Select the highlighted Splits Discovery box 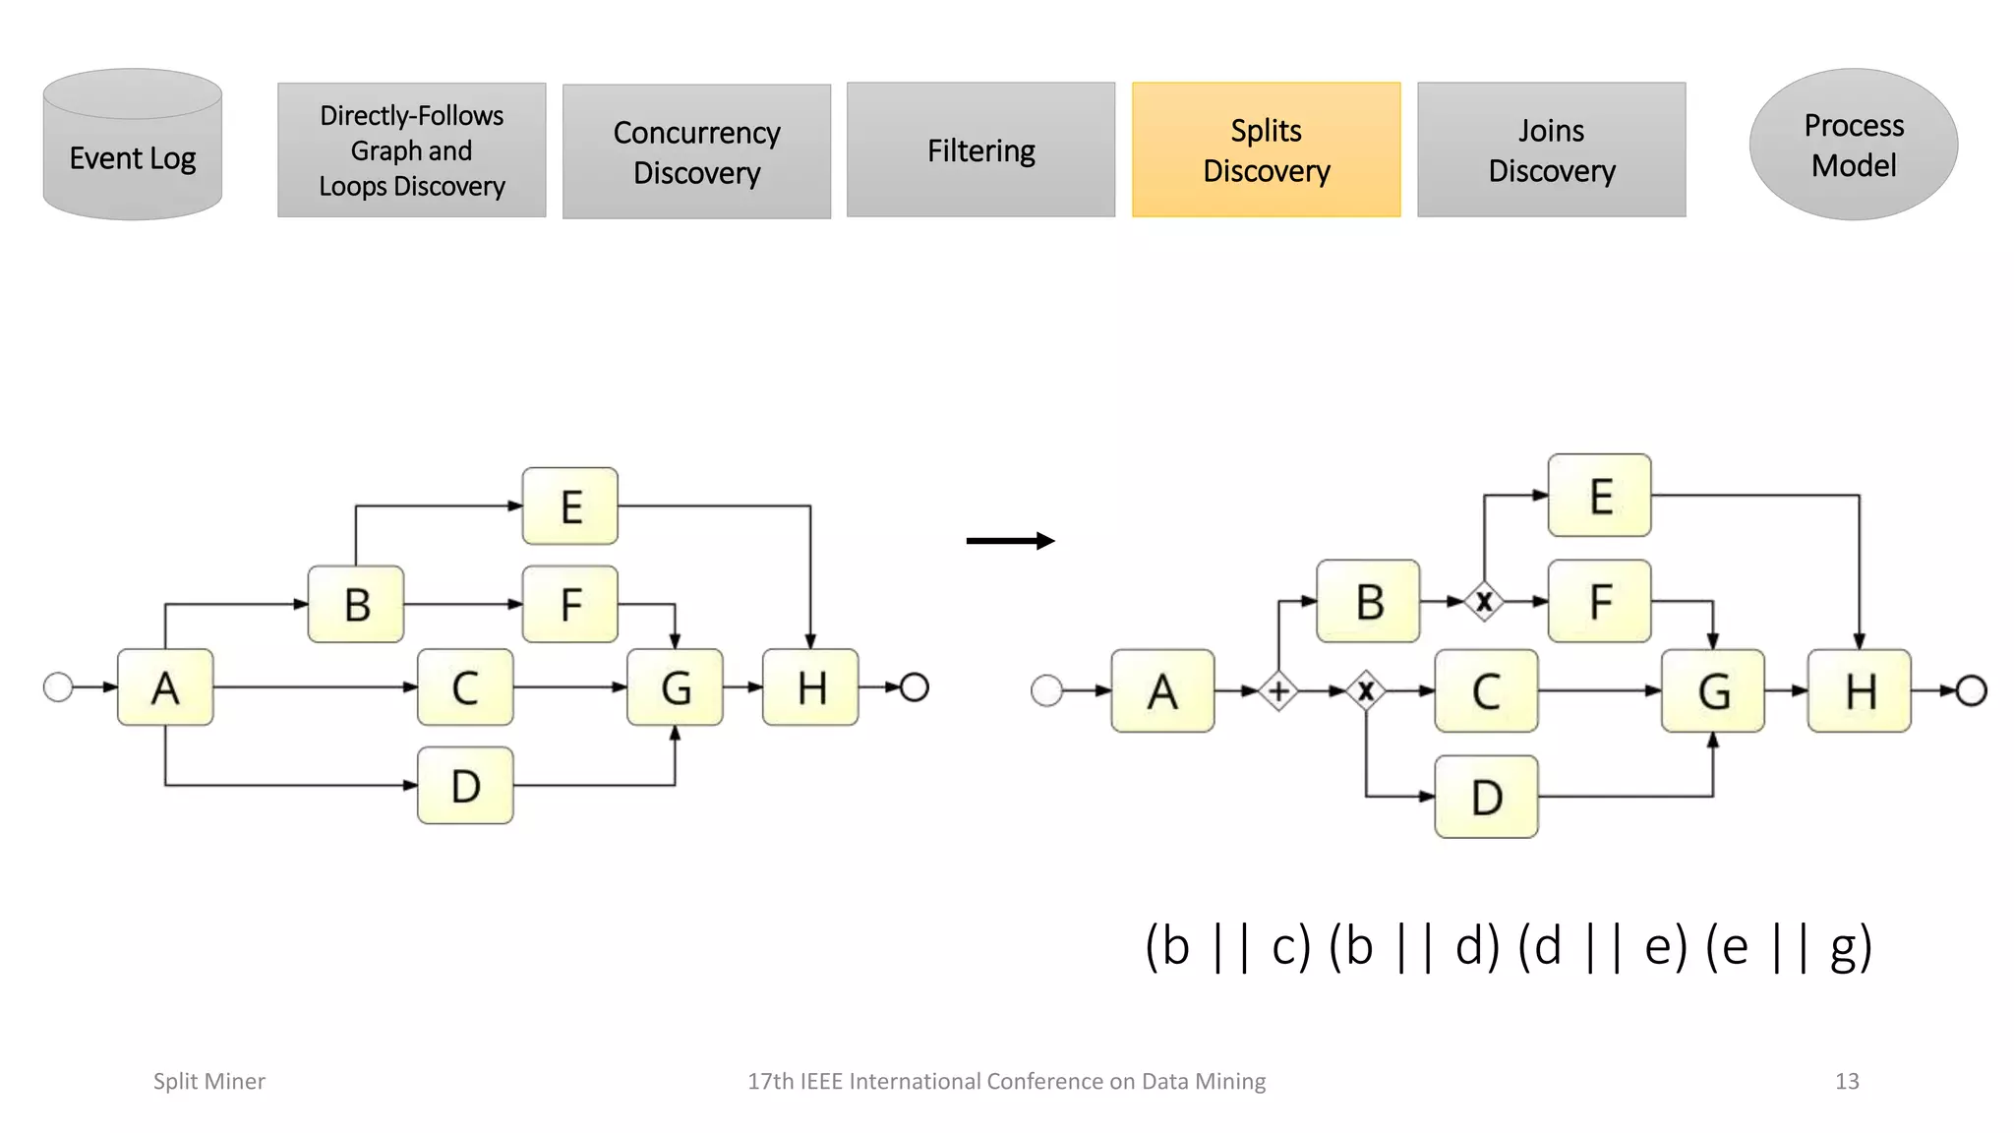click(x=1266, y=149)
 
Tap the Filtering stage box click(x=980, y=149)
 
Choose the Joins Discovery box click(x=1551, y=149)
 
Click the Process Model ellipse click(x=1853, y=145)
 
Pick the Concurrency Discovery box click(x=696, y=151)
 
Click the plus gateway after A click(x=1278, y=691)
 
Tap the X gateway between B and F click(x=1484, y=601)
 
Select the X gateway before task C click(x=1366, y=691)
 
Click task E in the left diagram click(x=570, y=507)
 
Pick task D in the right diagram click(x=1486, y=797)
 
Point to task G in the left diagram click(x=675, y=687)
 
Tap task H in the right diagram click(x=1859, y=691)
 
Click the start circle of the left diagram click(x=59, y=686)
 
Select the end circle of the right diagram click(x=1971, y=691)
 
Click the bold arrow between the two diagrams click(x=1010, y=540)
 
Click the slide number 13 click(x=1846, y=1081)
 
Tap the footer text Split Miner click(x=208, y=1081)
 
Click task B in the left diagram click(x=356, y=604)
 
